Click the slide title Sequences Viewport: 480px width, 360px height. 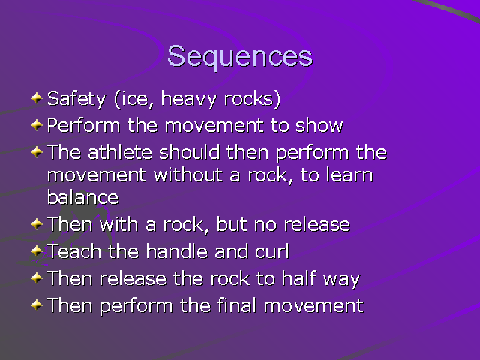click(239, 57)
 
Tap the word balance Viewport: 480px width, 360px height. click(82, 197)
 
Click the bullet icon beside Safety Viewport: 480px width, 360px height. click(37, 98)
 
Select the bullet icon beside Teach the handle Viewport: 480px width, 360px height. click(37, 251)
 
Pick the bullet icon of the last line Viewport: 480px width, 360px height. click(37, 305)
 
